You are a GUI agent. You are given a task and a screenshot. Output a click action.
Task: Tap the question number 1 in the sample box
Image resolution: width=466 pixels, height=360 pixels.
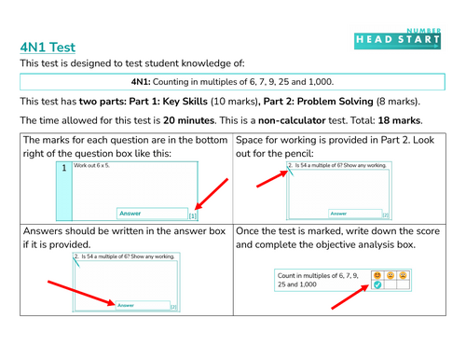coord(63,169)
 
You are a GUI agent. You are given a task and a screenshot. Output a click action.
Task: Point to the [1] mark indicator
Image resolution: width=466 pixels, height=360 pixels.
coord(193,215)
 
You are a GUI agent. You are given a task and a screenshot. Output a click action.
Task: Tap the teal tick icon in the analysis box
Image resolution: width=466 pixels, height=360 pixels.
coord(377,285)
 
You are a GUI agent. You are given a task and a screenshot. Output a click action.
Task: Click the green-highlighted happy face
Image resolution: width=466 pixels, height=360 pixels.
coord(377,275)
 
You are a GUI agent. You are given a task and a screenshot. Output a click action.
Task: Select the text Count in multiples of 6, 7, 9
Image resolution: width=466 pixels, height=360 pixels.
coord(322,275)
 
